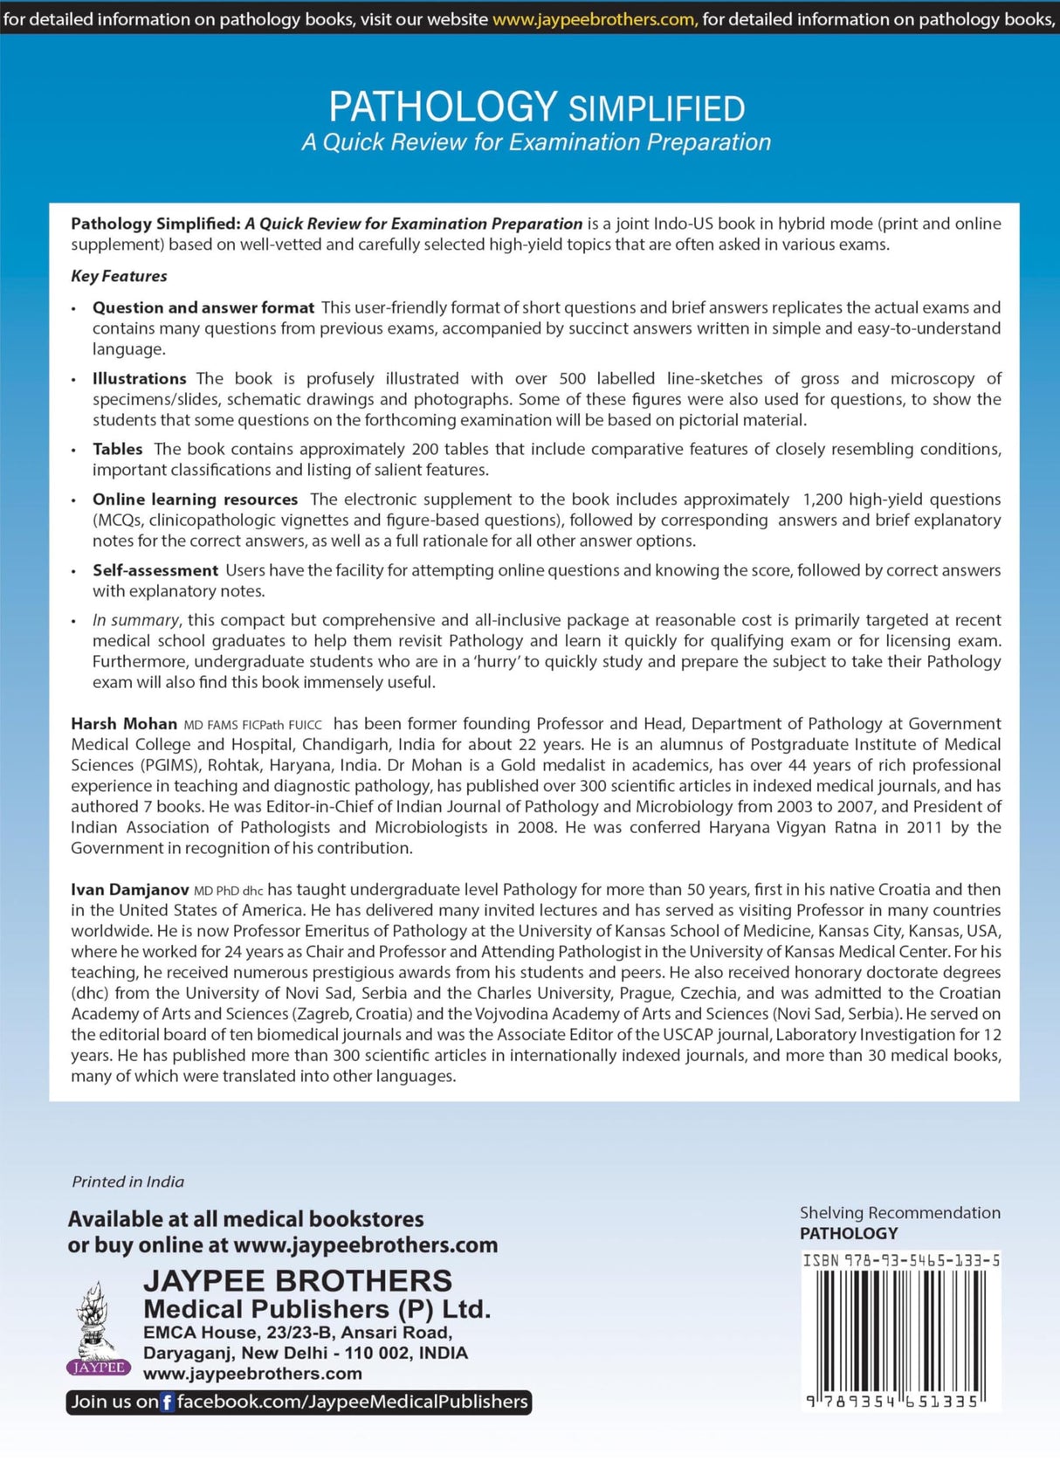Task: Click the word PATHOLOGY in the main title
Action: (443, 107)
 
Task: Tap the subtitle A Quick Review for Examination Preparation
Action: (536, 142)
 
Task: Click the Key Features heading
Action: (119, 276)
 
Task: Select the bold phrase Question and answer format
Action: (203, 307)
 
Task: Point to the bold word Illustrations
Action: (140, 378)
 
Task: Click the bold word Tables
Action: (118, 449)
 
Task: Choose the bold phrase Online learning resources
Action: (196, 500)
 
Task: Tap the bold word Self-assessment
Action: (155, 570)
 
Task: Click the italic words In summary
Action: (135, 620)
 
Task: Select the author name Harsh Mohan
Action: (124, 724)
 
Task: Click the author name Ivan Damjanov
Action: (130, 890)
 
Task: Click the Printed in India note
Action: (127, 1182)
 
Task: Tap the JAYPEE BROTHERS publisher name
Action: (298, 1280)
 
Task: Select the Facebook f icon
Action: (168, 1403)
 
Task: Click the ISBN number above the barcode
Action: (901, 1260)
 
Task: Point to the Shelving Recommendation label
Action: (899, 1212)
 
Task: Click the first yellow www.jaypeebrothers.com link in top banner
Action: (595, 18)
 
